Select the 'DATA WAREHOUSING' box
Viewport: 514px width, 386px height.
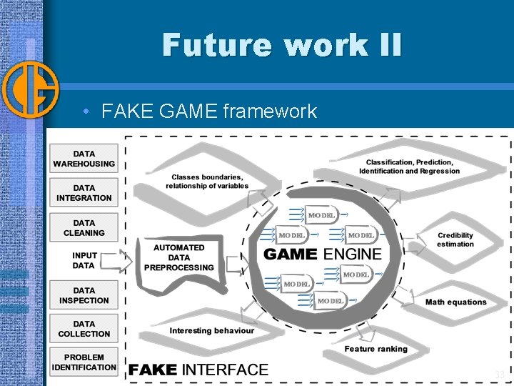(84, 159)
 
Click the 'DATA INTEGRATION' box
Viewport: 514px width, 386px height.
(84, 193)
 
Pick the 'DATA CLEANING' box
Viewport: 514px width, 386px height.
(84, 227)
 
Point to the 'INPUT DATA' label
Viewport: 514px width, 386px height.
(84, 261)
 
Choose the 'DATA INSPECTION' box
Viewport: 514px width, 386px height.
(84, 295)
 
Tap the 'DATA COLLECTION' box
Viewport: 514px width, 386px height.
(84, 329)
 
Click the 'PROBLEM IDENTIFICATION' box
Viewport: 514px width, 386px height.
(84, 362)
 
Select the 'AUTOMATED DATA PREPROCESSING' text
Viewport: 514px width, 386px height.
(178, 257)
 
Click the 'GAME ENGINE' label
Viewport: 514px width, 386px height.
(323, 254)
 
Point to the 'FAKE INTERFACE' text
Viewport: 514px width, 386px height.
(198, 370)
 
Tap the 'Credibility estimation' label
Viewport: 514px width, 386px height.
(455, 239)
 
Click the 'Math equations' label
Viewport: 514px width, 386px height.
(455, 302)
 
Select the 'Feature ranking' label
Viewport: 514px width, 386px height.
(376, 349)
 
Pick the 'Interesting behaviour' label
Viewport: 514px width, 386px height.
(211, 331)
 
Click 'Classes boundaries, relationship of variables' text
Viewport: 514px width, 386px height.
(207, 182)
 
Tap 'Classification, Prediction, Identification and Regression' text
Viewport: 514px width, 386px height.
(409, 167)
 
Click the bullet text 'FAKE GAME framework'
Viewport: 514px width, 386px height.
(209, 111)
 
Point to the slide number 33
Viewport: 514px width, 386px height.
(499, 375)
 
